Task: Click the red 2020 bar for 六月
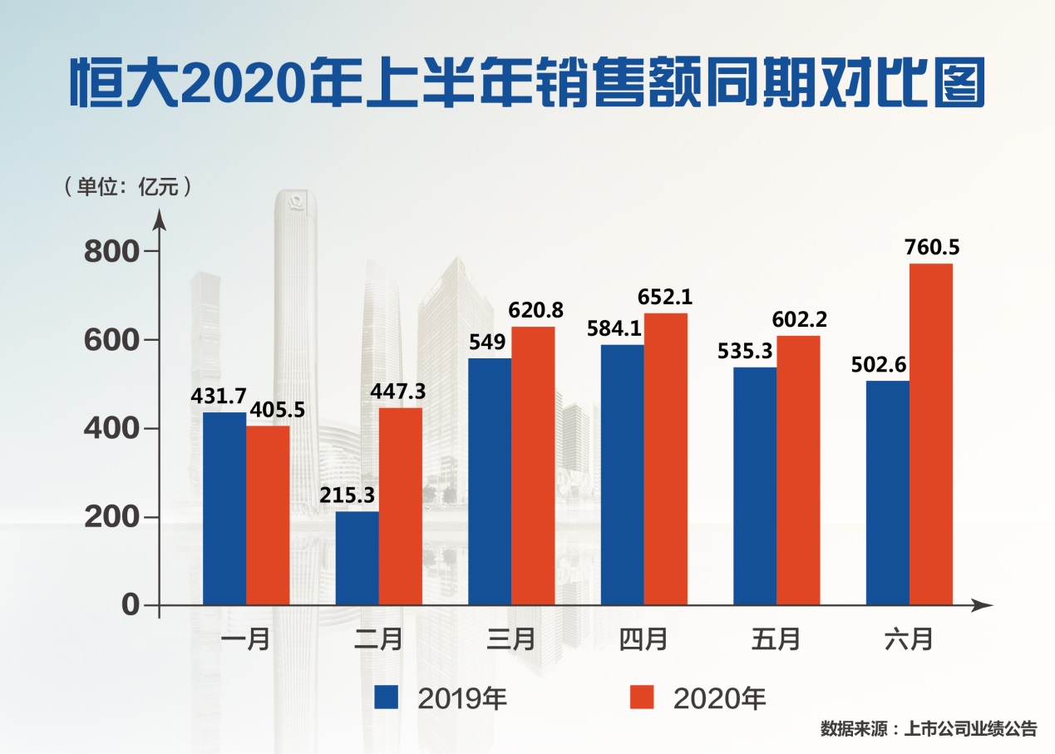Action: point(930,434)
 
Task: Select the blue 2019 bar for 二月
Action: point(357,558)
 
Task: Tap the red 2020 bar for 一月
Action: point(268,515)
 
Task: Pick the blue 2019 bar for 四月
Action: point(622,475)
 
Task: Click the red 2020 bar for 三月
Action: point(533,466)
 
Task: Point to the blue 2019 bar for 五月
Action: point(755,485)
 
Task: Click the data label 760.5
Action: point(931,247)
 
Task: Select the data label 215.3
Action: point(348,495)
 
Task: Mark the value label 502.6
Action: point(878,363)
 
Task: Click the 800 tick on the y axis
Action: point(113,251)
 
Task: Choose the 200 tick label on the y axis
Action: point(113,517)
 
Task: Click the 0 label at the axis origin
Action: point(131,605)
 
